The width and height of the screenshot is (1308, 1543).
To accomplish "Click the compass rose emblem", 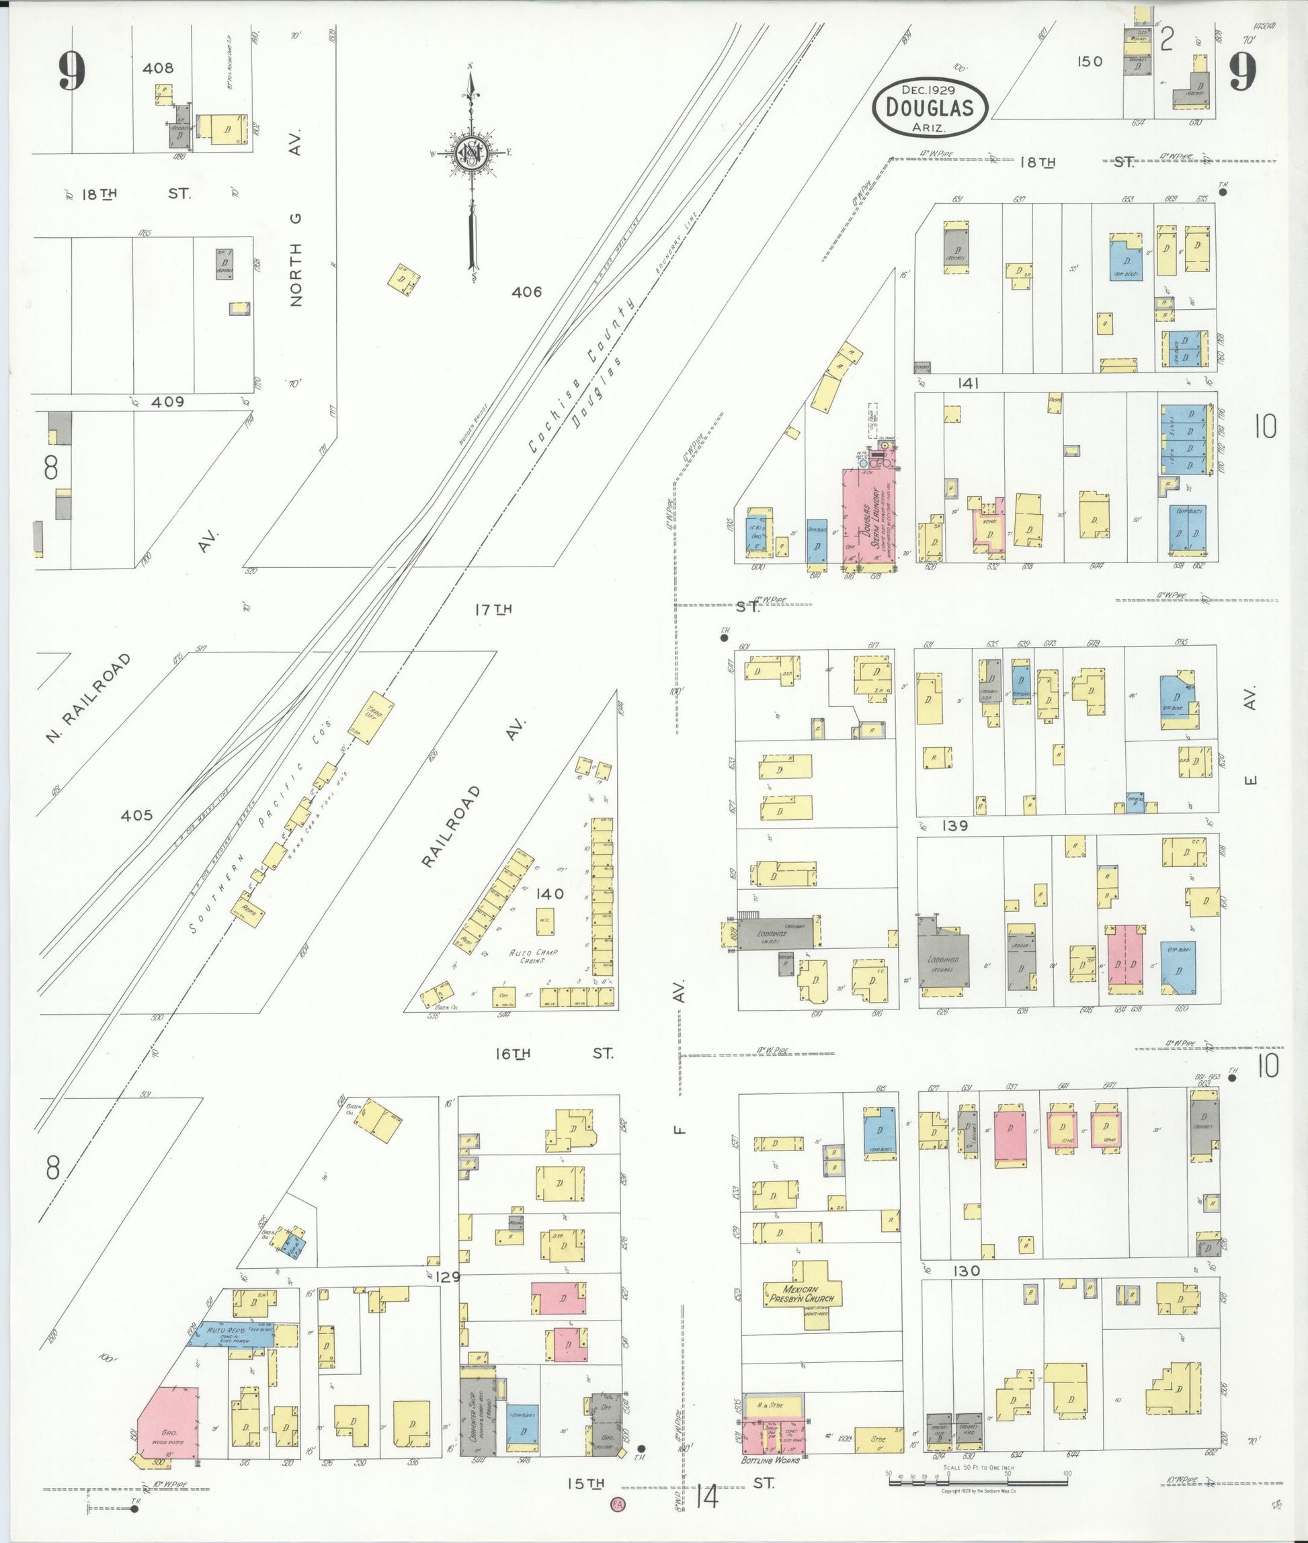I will (x=470, y=153).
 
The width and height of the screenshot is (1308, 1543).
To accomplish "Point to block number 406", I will (x=526, y=292).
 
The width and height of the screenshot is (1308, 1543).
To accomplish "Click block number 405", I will (x=136, y=816).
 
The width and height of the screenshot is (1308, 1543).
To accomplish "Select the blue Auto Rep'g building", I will (x=244, y=1334).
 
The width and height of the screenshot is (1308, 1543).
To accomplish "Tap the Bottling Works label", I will (x=770, y=1460).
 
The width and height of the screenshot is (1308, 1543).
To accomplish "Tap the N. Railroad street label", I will (x=87, y=698).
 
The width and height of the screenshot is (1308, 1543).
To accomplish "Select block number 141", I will (x=969, y=383).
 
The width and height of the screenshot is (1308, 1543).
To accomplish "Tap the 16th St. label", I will (x=553, y=1054).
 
